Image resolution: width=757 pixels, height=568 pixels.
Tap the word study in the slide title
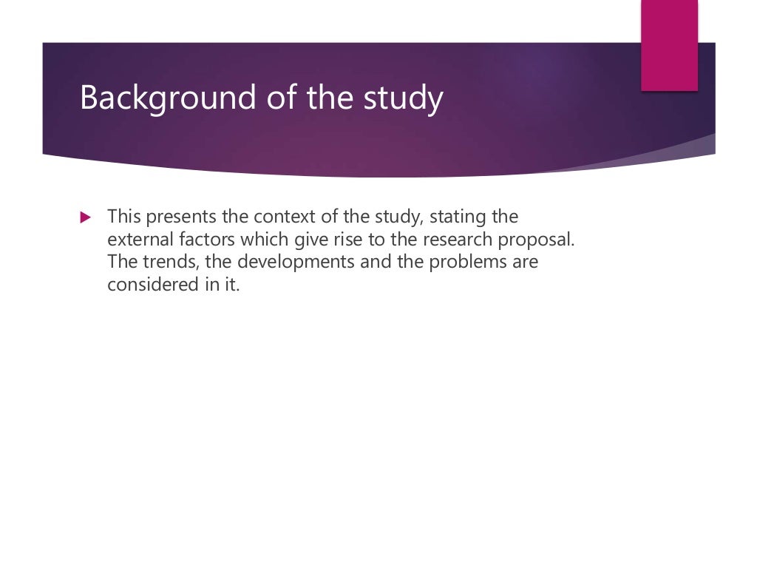[x=404, y=98]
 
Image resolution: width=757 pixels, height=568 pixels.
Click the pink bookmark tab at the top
[x=669, y=44]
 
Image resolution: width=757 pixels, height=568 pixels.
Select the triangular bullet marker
[x=85, y=217]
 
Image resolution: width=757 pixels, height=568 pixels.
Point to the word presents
[x=175, y=217]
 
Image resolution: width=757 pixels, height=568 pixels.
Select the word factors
[x=200, y=240]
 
